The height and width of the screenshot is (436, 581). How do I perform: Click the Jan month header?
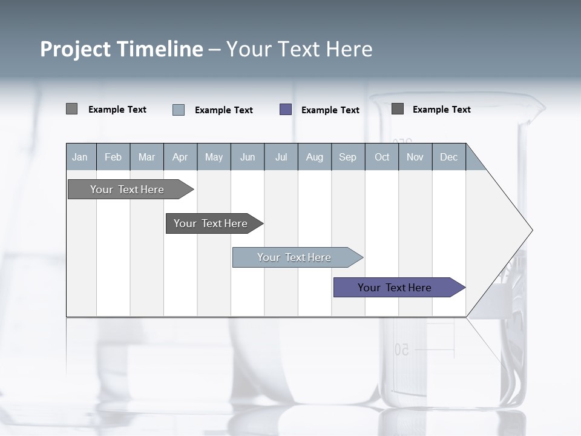point(80,157)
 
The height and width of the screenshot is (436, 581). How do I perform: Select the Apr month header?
point(180,157)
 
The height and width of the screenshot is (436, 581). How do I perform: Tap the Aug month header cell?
point(315,157)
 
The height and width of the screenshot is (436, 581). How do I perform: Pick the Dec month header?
point(449,157)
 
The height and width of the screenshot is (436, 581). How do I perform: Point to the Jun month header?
point(248,157)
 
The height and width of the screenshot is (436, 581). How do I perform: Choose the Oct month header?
point(382,157)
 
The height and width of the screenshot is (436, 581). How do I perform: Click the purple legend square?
point(286,110)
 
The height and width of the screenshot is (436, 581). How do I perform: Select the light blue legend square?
point(179,110)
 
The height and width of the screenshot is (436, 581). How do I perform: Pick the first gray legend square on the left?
point(71,109)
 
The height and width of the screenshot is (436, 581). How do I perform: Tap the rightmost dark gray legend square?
point(398,109)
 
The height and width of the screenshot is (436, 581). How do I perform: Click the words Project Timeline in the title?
point(121,49)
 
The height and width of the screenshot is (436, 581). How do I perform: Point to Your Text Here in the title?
point(300,49)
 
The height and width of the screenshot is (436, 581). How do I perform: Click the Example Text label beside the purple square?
point(330,110)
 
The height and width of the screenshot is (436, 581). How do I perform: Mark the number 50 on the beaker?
point(402,350)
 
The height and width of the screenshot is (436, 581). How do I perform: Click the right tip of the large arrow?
point(531,230)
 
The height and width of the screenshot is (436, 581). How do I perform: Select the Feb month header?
point(113,157)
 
